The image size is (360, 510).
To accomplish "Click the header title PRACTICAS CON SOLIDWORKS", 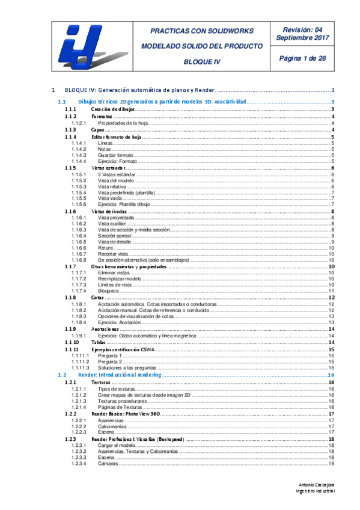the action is [x=201, y=31].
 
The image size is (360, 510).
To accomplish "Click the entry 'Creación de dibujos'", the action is [x=113, y=109].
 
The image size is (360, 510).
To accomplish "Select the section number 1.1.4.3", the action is [x=79, y=155].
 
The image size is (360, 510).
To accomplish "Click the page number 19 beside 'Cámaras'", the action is [x=331, y=463].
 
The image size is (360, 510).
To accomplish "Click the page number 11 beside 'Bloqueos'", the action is [x=331, y=291].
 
